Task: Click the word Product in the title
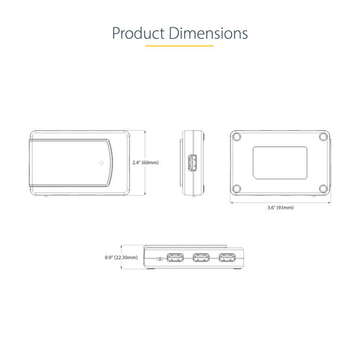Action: tap(138, 34)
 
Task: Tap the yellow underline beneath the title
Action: tap(179, 47)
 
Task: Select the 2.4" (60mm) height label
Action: tap(146, 163)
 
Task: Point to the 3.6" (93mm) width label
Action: tap(281, 207)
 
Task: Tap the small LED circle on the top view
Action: tap(102, 163)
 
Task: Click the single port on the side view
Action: tap(192, 163)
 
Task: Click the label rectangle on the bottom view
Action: tap(281, 162)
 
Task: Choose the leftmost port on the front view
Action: tap(174, 258)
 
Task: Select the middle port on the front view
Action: tap(200, 258)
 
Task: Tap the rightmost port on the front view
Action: tap(227, 258)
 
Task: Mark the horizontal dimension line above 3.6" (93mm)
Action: tap(281, 201)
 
